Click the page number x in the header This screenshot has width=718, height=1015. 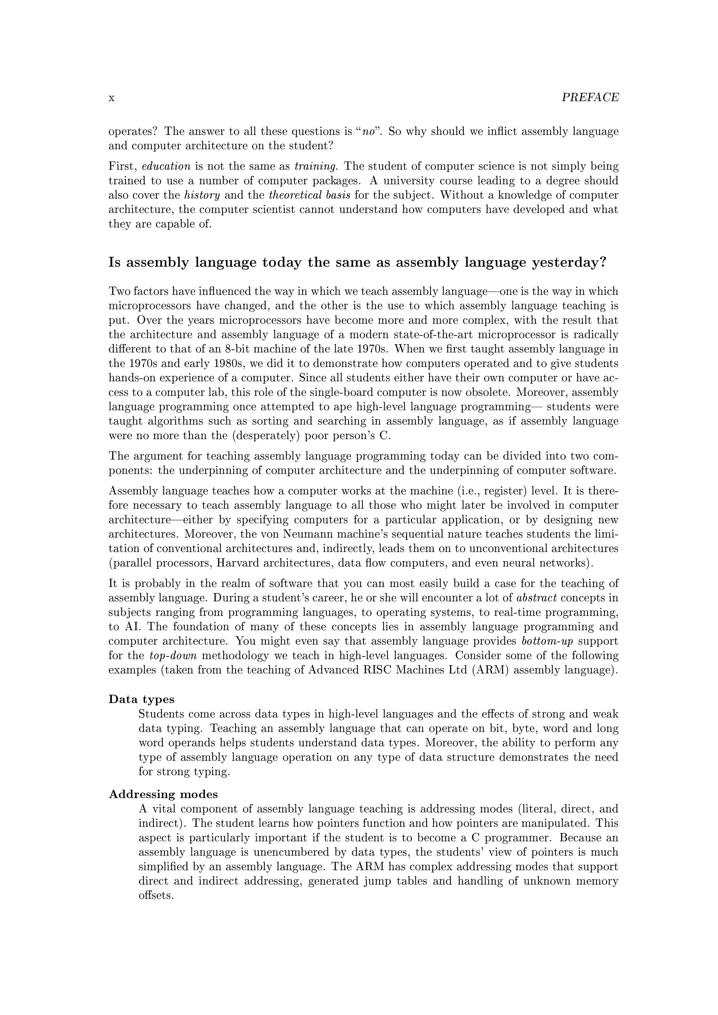pos(111,98)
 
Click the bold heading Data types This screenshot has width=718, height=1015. pos(142,699)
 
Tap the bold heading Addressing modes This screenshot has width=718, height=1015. pos(163,795)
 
